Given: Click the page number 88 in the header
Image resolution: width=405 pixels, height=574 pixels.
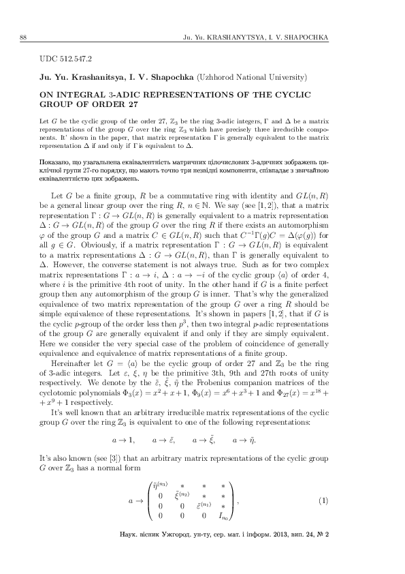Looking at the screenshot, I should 24,36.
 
